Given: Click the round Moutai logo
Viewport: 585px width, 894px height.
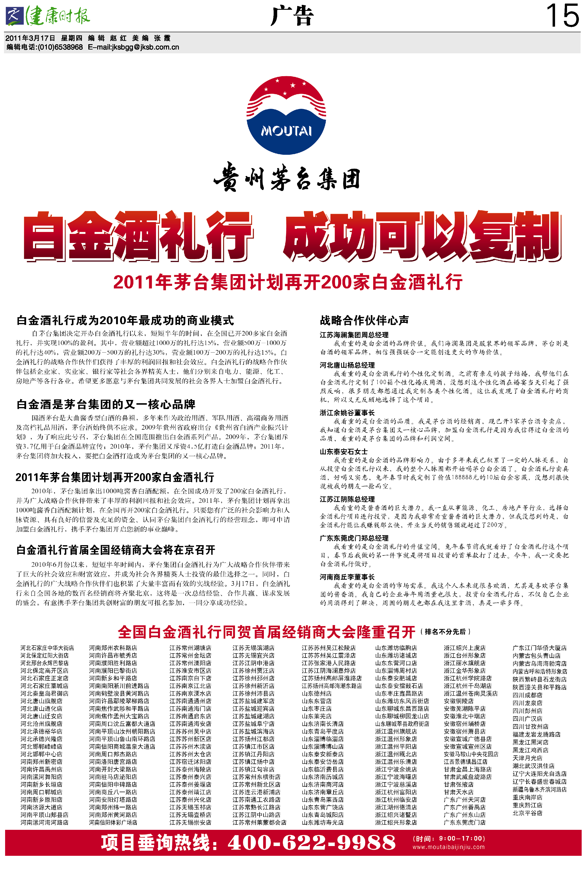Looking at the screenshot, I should (286, 116).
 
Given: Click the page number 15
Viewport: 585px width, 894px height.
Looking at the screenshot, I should (562, 16).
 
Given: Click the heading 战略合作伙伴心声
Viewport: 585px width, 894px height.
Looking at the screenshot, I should (364, 320).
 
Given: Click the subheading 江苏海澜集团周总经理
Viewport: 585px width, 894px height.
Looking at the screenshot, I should (354, 335).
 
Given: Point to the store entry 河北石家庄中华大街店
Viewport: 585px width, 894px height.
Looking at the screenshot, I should (47, 648).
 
